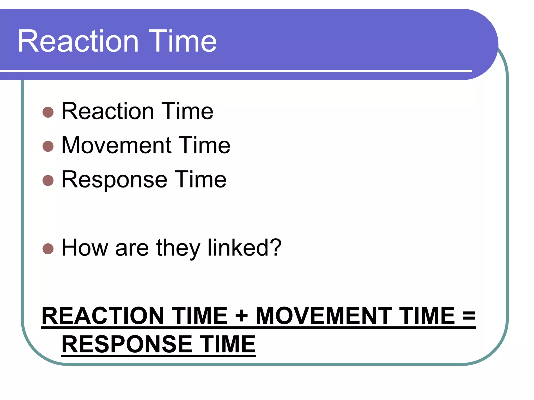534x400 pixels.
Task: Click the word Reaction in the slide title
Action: pos(78,41)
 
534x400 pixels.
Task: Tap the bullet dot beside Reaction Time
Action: pos(48,112)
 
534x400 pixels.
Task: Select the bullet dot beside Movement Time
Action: pos(48,146)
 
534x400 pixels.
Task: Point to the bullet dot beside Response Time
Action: pos(48,180)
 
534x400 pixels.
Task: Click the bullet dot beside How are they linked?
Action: pos(48,249)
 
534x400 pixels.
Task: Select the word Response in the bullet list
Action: pos(114,180)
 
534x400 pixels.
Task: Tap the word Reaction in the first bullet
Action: pos(108,111)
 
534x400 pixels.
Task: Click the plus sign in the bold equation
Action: pos(241,316)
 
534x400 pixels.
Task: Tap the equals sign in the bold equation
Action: pos(469,316)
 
